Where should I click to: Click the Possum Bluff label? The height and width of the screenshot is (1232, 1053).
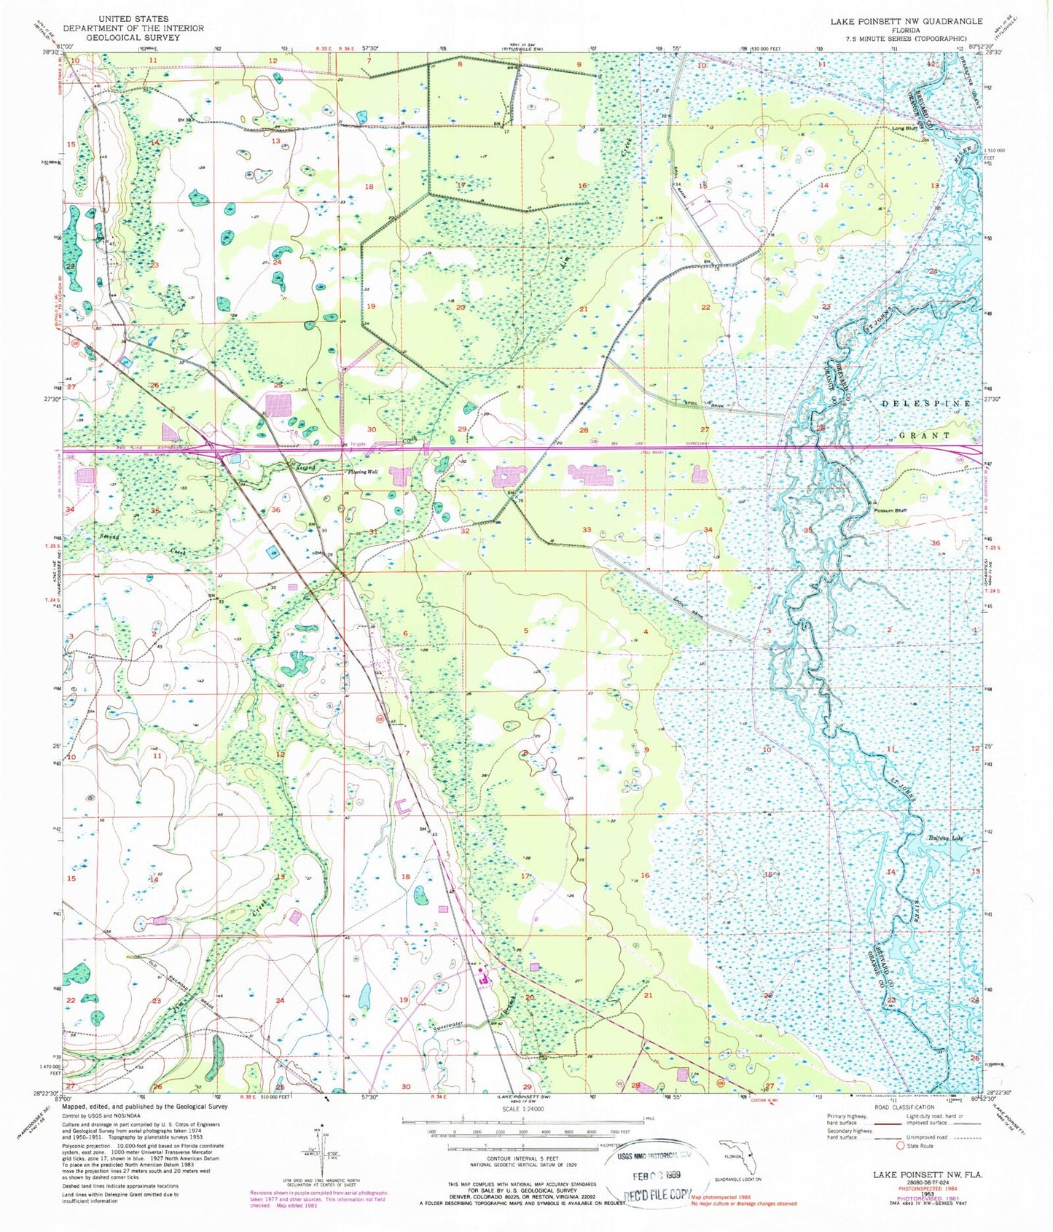click(890, 510)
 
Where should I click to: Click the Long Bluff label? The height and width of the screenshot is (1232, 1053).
click(904, 129)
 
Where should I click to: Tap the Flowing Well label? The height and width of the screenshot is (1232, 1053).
click(361, 472)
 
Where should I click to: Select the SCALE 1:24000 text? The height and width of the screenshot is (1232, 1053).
click(522, 1109)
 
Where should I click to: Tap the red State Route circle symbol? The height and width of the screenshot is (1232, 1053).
click(901, 1146)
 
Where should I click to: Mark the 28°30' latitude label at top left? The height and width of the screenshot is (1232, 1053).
click(50, 52)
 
